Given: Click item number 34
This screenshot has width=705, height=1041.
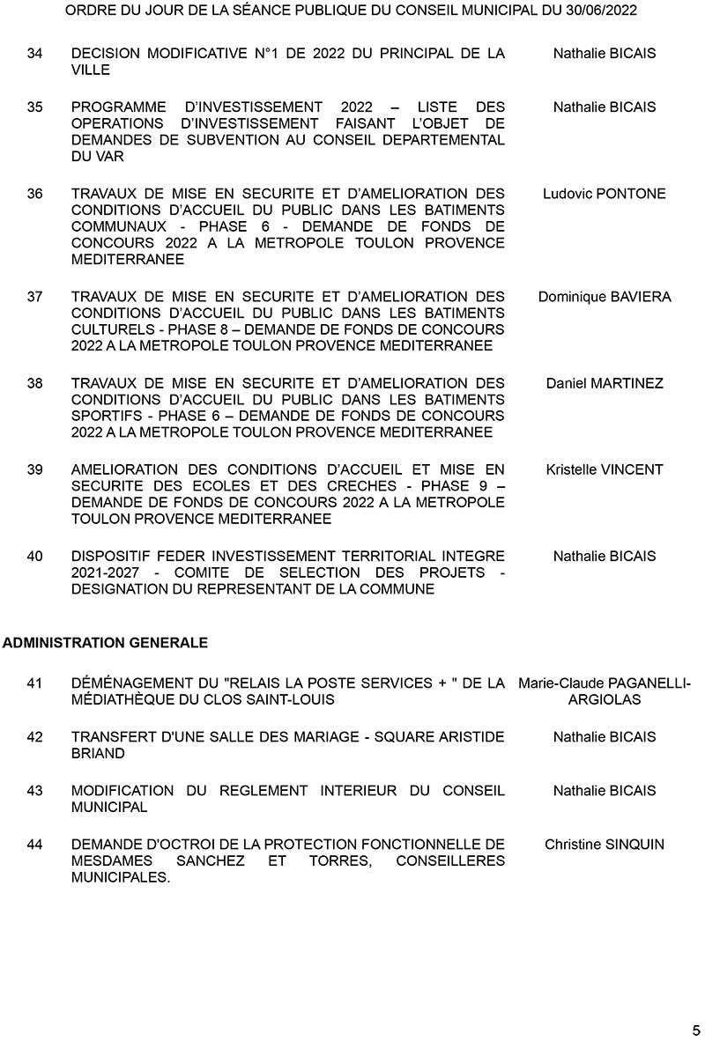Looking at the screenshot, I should click(x=35, y=54).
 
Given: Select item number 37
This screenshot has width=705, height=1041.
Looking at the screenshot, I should click(x=35, y=297).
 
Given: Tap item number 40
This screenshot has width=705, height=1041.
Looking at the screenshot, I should click(x=35, y=556).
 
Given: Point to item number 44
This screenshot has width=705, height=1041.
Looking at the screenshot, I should click(x=35, y=845).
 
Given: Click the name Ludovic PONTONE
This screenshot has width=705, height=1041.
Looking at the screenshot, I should click(x=605, y=194).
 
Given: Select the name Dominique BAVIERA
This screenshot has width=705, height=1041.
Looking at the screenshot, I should click(x=605, y=297).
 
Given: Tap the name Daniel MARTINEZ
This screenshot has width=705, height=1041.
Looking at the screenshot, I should click(x=605, y=383).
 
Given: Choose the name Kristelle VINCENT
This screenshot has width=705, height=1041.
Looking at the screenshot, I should click(x=605, y=469).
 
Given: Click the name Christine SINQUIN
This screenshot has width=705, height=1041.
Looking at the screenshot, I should click(x=605, y=845).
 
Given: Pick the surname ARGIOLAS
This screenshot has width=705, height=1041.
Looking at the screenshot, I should click(x=605, y=699).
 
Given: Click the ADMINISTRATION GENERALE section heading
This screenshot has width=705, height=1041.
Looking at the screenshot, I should click(x=105, y=643).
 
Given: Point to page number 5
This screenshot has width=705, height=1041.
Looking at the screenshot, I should click(x=696, y=1029).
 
